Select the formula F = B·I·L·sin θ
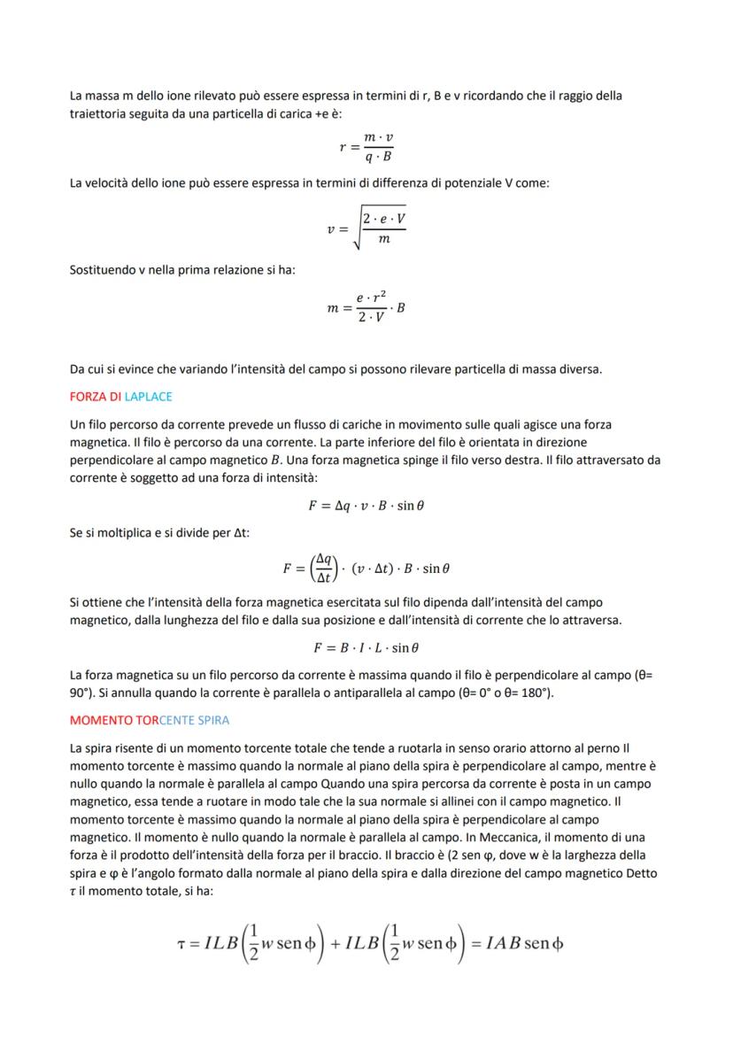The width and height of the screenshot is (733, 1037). point(366,647)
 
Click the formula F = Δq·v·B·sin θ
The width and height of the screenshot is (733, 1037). point(366,507)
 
